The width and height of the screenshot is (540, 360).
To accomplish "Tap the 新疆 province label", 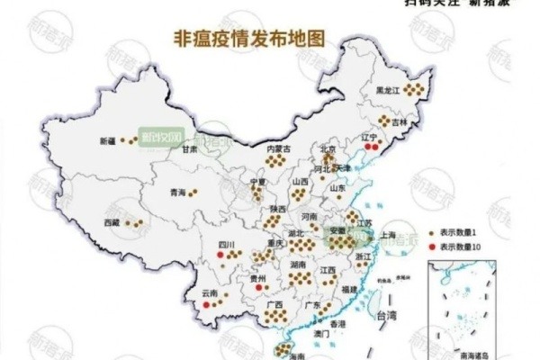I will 108,141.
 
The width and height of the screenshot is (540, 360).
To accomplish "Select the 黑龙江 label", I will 388,90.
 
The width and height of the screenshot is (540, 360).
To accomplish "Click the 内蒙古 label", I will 278,148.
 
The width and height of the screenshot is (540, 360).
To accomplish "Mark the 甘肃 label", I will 189,150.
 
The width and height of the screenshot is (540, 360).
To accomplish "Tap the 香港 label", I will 337,323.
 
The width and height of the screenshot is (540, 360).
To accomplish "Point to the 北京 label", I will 328,149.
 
